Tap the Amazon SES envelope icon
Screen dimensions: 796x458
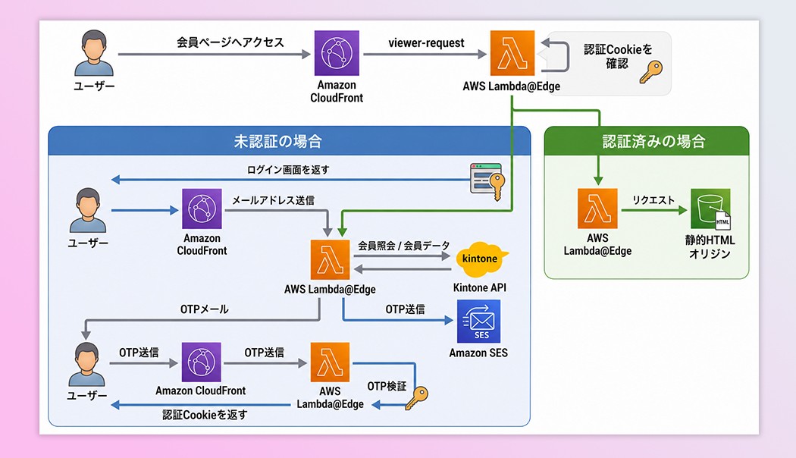click(478, 321)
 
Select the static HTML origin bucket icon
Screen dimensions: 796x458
click(710, 209)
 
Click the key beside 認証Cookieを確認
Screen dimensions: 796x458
click(650, 72)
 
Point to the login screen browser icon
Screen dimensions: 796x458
click(487, 180)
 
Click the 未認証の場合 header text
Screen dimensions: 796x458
click(277, 141)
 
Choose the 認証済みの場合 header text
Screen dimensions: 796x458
click(653, 141)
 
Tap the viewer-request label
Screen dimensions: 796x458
click(426, 43)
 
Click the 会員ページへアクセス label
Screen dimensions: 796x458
click(230, 42)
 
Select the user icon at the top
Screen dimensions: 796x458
click(94, 53)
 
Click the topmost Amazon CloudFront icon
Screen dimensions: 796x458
click(337, 53)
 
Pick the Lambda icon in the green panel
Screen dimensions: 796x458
click(597, 209)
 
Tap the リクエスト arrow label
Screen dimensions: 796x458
click(653, 200)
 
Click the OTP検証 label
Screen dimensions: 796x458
click(387, 387)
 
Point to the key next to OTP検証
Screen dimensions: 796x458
click(417, 397)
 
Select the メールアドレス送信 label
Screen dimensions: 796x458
click(273, 201)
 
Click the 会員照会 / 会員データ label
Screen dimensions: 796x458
click(403, 246)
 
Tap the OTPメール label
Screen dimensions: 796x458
click(205, 309)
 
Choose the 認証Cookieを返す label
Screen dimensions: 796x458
click(205, 415)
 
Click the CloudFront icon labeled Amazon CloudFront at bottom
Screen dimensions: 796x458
click(202, 362)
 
